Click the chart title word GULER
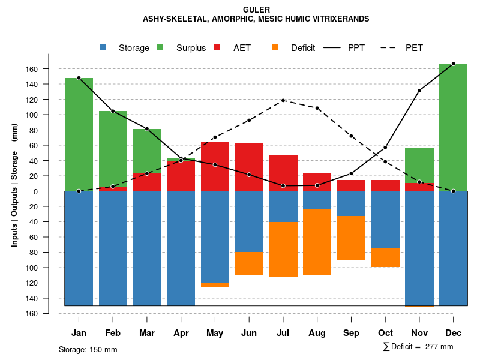tap(256, 10)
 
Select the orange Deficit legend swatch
tap(274, 48)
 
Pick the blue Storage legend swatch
tap(103, 48)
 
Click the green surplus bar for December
tap(453, 126)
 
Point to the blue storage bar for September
tap(351, 203)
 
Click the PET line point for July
tap(283, 100)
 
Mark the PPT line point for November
tap(419, 91)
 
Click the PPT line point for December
tap(453, 64)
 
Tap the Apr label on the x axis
tap(181, 333)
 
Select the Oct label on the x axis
tap(385, 333)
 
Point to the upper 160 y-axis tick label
tap(49, 69)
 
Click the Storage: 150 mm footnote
tap(88, 349)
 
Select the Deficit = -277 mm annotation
tap(418, 347)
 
